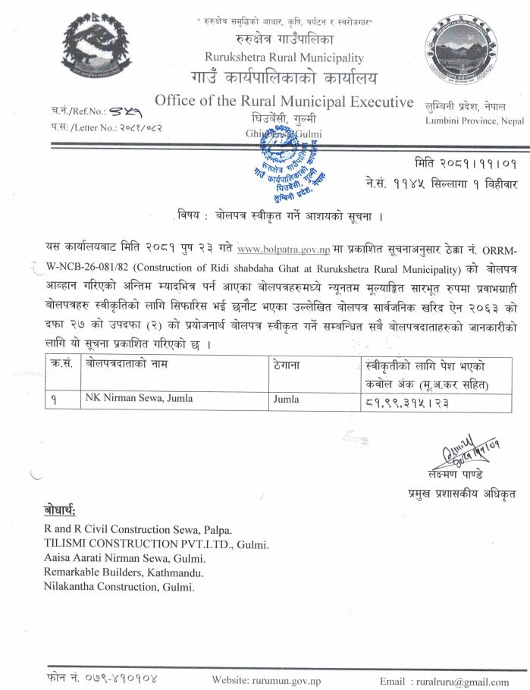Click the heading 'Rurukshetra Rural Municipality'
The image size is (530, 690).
[x=284, y=58]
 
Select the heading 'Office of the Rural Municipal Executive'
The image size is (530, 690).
[x=284, y=102]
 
